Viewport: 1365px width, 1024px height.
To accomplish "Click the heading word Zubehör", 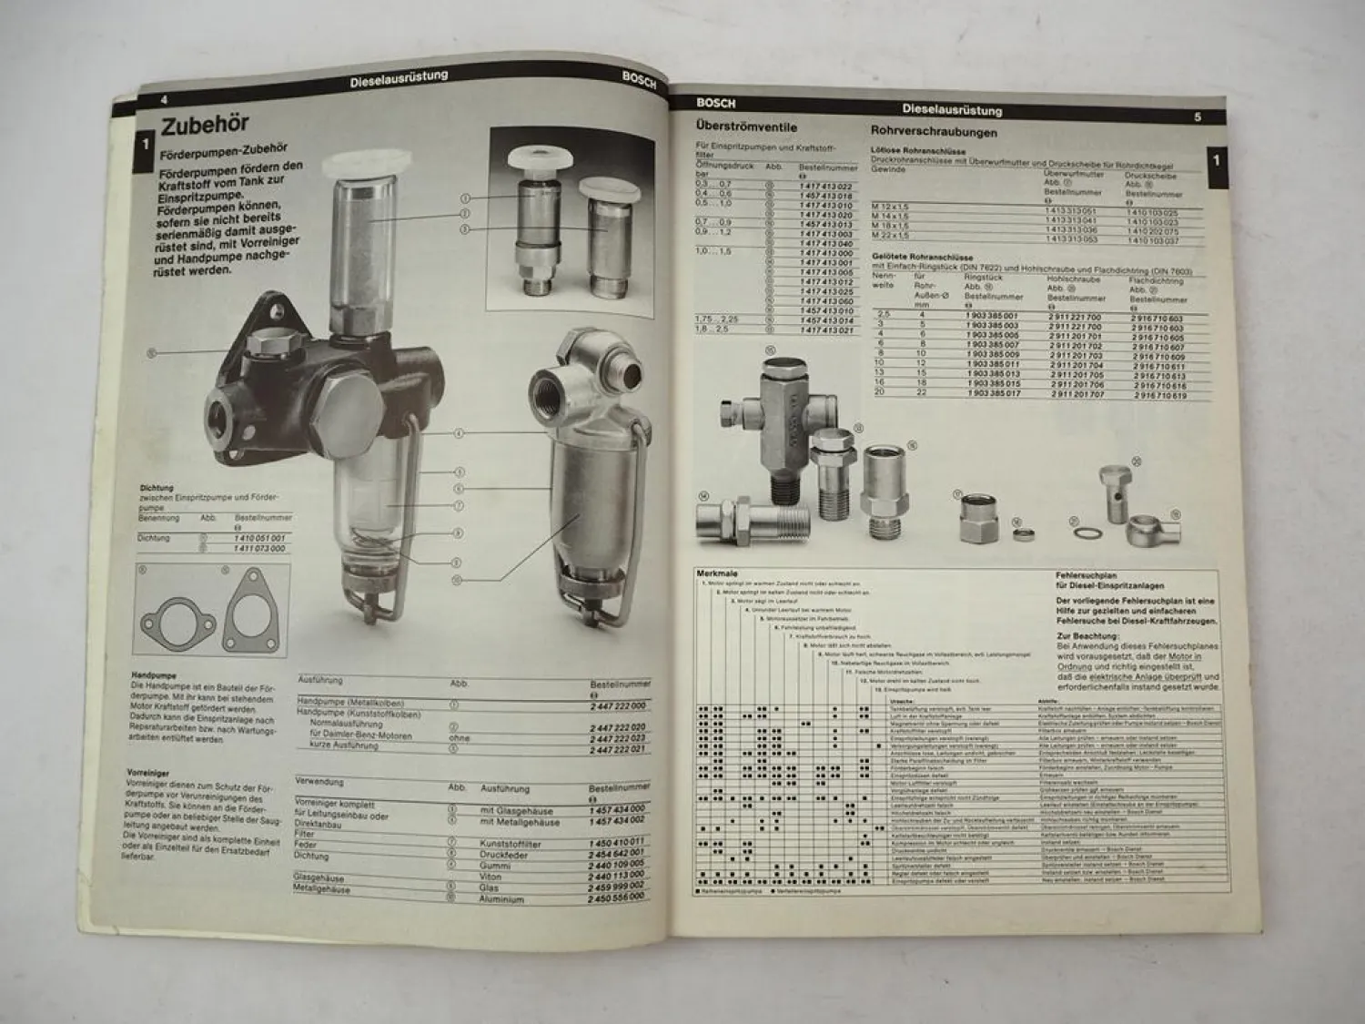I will tap(205, 124).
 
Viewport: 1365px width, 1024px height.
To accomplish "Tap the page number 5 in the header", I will tap(1197, 117).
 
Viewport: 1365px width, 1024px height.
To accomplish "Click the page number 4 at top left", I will tap(164, 99).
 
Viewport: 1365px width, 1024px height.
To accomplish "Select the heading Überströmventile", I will tap(746, 127).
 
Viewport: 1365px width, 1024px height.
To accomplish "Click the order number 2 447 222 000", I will tap(618, 705).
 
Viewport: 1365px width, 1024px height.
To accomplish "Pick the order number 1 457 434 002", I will tap(617, 821).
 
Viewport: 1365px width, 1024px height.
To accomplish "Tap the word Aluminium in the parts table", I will tap(501, 898).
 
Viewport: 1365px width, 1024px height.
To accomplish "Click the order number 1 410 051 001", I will tap(259, 538).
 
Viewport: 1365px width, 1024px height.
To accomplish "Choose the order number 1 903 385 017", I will tap(993, 393).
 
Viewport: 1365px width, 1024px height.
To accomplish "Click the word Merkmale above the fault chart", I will tap(716, 573).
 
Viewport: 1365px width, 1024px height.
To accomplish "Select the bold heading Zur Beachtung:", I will tap(1086, 635).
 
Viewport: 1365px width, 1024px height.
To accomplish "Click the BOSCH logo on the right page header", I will tap(716, 103).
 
